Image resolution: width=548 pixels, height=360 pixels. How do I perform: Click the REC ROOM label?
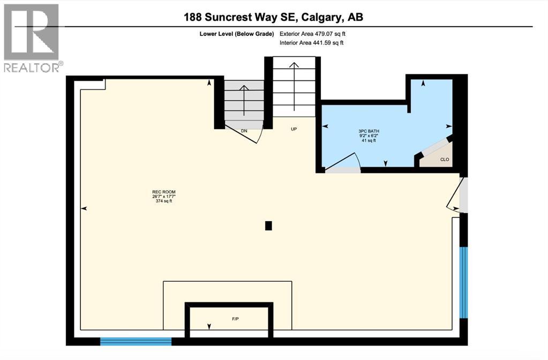pos(163,192)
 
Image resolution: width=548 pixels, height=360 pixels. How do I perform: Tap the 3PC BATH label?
pos(367,131)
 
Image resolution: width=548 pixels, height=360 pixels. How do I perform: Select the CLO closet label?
pos(445,160)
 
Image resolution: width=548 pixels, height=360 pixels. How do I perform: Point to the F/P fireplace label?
pos(235,319)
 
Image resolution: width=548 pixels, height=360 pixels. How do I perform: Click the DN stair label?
pos(244,131)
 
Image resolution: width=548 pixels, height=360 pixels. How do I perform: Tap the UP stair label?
pos(294,129)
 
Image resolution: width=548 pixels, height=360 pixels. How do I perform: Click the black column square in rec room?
pos(269,226)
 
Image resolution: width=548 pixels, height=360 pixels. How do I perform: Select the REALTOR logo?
pos(32,37)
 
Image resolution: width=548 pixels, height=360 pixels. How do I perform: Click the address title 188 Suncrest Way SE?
pos(273,17)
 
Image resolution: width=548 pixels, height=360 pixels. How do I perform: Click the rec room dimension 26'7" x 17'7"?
pos(163,197)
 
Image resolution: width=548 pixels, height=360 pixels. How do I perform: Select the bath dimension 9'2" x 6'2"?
pos(367,136)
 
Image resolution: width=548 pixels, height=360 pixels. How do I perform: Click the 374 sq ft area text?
pos(163,201)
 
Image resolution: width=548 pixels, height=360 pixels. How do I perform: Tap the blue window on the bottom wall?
pos(136,341)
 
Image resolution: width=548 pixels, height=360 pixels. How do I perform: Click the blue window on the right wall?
pos(464,282)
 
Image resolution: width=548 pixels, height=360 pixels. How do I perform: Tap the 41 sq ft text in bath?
pos(367,141)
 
